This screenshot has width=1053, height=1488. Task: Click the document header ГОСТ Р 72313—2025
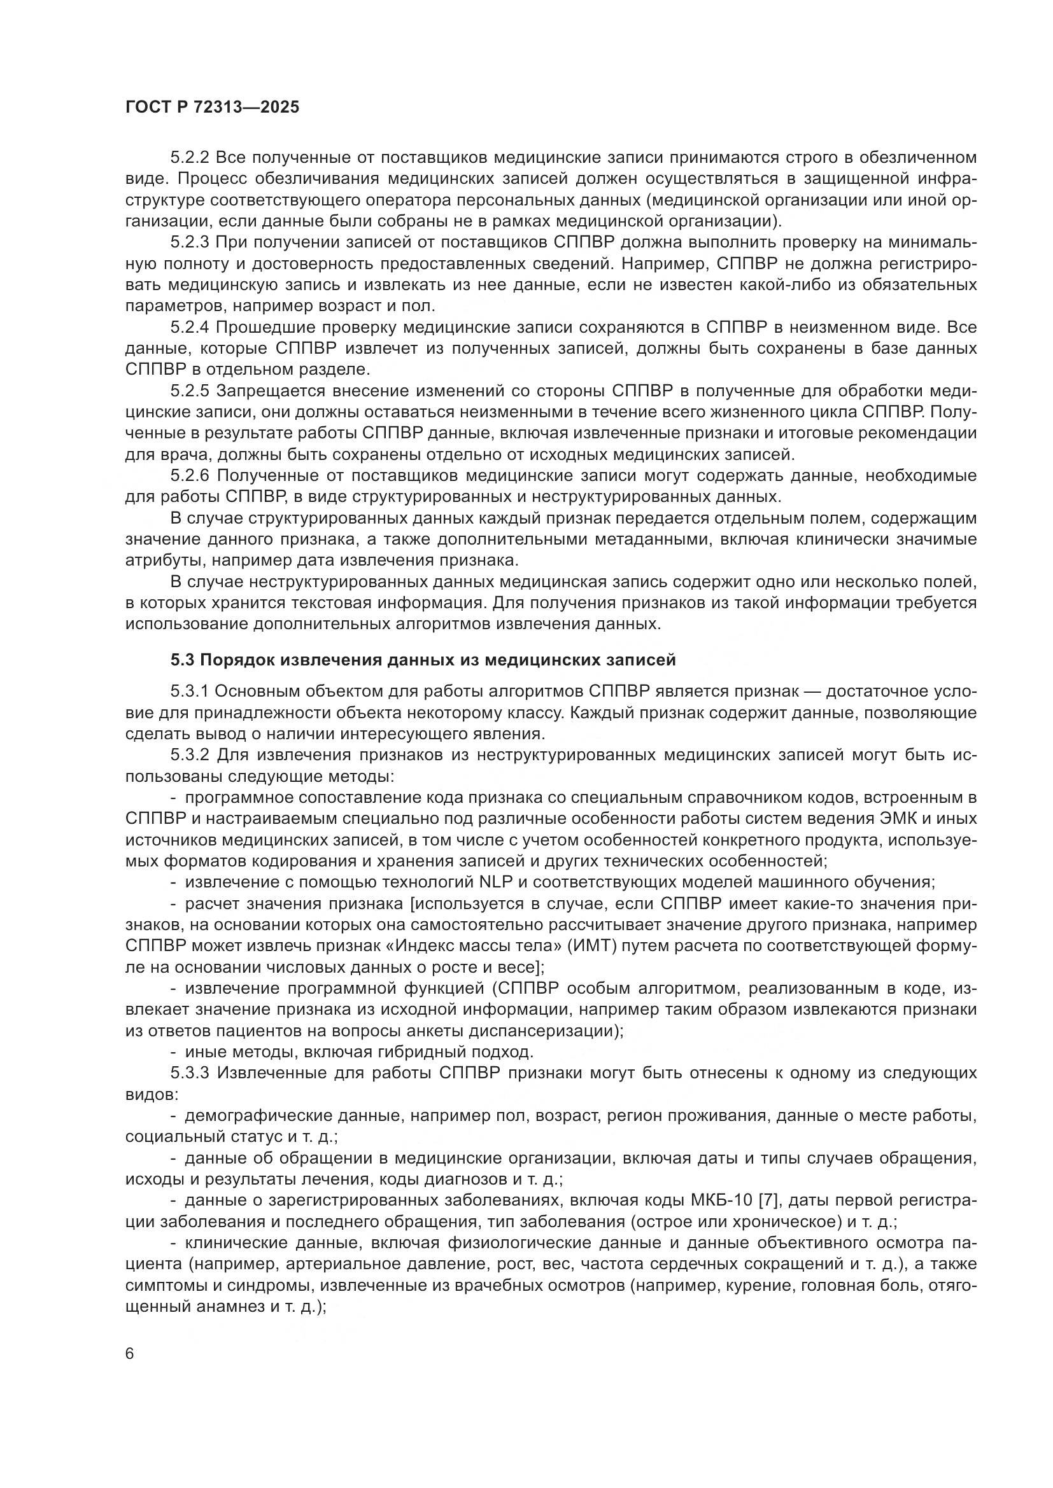(x=212, y=107)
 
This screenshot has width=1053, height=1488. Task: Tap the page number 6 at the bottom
(x=130, y=1354)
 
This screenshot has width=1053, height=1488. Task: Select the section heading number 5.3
(x=182, y=660)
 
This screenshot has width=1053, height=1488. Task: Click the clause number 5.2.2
(x=189, y=158)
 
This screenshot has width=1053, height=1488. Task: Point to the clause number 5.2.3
(x=189, y=242)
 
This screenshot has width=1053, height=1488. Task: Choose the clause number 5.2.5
(x=189, y=391)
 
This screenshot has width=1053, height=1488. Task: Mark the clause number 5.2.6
(x=189, y=476)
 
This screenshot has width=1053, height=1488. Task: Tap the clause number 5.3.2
(x=189, y=755)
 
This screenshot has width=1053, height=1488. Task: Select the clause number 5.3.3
(x=189, y=1073)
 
